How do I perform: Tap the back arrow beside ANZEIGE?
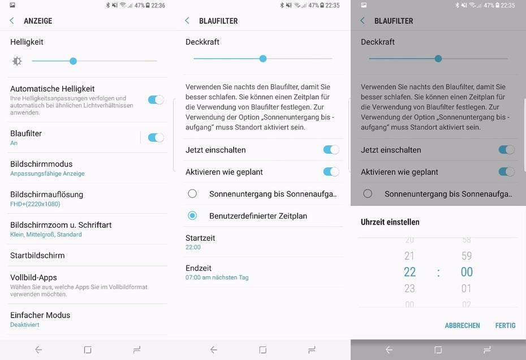12,21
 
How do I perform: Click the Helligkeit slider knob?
73,61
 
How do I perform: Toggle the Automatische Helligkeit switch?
156,99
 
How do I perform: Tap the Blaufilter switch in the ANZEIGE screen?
156,137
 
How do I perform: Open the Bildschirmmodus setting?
41,164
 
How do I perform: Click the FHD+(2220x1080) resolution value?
35,204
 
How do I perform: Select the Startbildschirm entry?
37,255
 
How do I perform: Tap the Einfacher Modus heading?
40,315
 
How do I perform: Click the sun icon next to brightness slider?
17,61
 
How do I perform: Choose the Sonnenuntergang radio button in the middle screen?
192,194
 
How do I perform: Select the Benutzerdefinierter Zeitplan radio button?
192,215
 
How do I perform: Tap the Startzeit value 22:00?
193,248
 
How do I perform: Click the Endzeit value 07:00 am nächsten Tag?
217,277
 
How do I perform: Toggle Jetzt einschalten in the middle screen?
331,150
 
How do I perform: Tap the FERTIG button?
505,326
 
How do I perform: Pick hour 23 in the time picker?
409,288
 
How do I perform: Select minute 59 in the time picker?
467,256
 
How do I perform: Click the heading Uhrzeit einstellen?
390,222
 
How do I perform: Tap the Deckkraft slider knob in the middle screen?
263,59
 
